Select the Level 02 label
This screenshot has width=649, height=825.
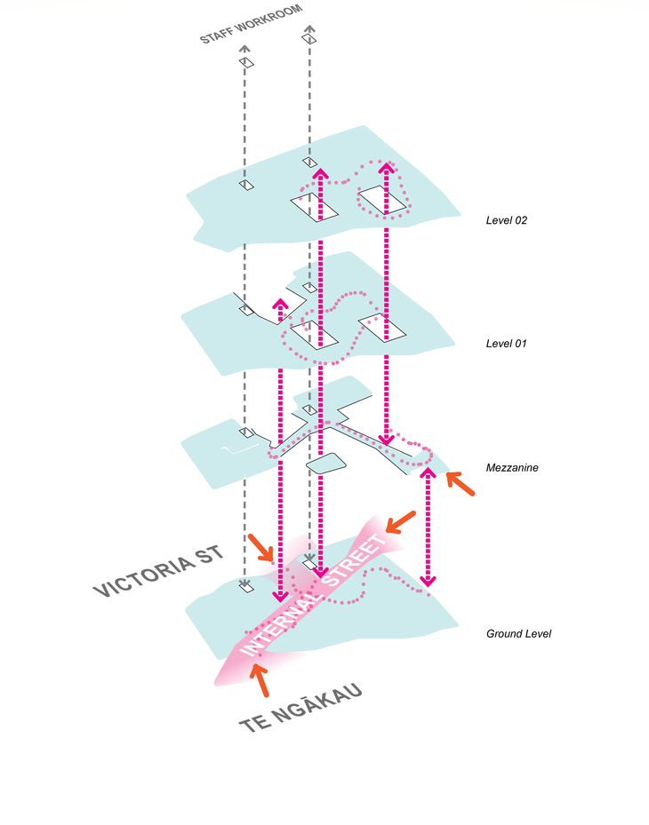pos(507,219)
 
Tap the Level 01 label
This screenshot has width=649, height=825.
pos(507,343)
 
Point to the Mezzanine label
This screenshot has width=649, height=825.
pos(513,467)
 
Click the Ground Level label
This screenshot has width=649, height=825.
pos(519,634)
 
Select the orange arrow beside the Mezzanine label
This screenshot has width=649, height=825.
pos(460,483)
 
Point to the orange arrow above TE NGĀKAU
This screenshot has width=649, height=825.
pos(259,679)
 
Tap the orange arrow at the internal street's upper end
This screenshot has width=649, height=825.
pos(400,521)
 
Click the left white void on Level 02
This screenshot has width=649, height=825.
pos(315,208)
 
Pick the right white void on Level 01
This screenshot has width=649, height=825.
pos(382,328)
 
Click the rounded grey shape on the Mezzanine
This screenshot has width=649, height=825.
pos(325,464)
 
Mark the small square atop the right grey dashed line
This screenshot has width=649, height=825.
pos(309,39)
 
